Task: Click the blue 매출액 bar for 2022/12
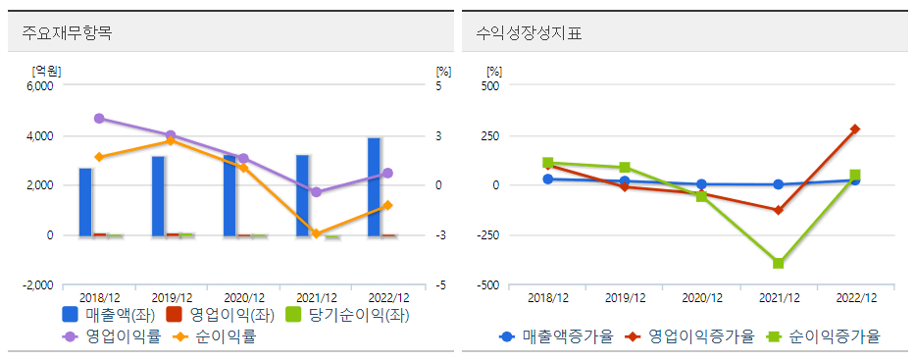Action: (x=375, y=186)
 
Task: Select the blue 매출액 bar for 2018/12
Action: (x=85, y=202)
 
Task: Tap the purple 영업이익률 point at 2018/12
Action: (x=99, y=119)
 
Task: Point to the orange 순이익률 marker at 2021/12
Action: (x=316, y=233)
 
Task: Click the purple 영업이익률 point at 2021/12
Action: (x=316, y=192)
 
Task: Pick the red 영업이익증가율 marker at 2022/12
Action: (x=855, y=129)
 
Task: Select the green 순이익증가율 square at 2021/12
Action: (x=779, y=263)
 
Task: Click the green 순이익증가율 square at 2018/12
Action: (x=548, y=163)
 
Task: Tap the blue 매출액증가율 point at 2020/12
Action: (x=702, y=183)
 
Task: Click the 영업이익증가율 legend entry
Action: (x=693, y=336)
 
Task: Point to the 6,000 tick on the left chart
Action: (x=39, y=85)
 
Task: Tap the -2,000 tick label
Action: (x=36, y=284)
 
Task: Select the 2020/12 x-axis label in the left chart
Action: (x=244, y=297)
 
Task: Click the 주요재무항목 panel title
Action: (x=67, y=33)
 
